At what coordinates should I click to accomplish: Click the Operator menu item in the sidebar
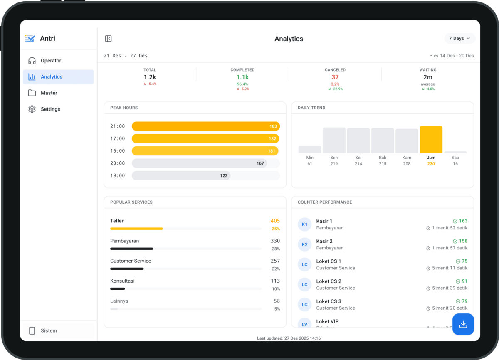point(51,61)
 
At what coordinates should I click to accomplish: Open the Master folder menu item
point(49,93)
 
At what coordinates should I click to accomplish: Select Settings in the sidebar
point(50,109)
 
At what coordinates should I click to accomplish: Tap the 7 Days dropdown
point(459,38)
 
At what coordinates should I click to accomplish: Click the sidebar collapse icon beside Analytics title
point(108,39)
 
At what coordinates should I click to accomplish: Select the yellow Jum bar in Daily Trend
point(431,140)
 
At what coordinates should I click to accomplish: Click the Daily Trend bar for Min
point(310,150)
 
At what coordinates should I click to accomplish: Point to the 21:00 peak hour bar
point(205,126)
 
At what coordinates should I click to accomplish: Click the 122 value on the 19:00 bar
point(224,176)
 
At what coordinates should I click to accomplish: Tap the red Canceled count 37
point(335,77)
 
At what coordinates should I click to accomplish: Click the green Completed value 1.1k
point(242,77)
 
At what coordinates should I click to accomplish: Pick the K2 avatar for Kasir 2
point(304,244)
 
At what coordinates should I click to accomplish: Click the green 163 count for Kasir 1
point(463,221)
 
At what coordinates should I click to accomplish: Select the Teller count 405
point(275,221)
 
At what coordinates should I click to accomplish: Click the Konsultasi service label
point(122,281)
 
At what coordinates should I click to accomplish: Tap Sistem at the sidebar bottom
point(49,331)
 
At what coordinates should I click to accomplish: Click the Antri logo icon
point(30,39)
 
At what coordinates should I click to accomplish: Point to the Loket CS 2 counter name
point(329,281)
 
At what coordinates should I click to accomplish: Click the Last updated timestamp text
point(289,338)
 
